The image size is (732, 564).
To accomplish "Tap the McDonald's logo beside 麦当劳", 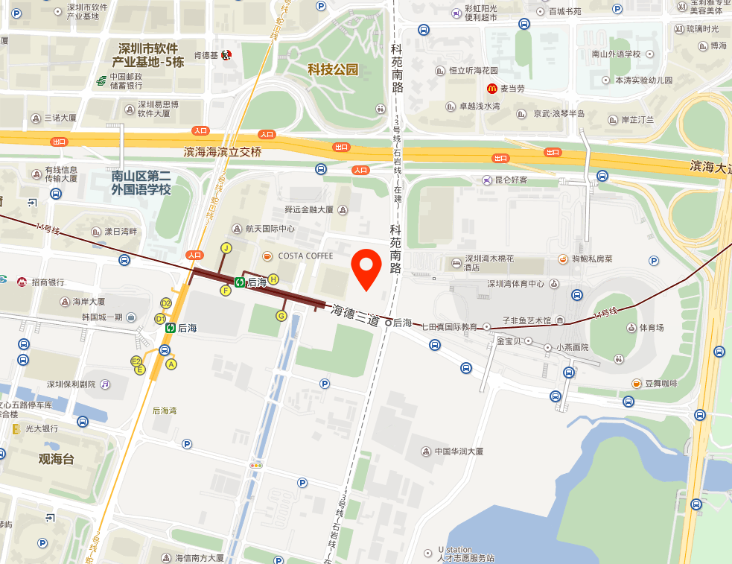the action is pos(492,89).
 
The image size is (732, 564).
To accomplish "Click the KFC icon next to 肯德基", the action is pos(227,55).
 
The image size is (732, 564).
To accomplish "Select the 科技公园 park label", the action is pos(333,70).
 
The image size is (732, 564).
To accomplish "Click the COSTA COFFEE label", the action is pos(305,256).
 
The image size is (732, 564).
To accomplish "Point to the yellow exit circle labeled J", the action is pos(226,247).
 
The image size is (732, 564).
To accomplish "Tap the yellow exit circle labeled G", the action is pos(281,316).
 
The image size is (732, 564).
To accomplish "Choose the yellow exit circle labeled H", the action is pos(273,279).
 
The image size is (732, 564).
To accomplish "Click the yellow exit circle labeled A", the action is pos(171,364).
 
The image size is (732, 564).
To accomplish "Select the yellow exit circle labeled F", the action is pos(226,291).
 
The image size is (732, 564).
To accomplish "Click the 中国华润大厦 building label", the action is pos(459,451).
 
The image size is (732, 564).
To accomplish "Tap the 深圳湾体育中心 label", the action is pos(515,284).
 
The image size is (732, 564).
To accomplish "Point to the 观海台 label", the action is pos(57,459).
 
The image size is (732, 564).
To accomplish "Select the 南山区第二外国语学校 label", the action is pos(141,183).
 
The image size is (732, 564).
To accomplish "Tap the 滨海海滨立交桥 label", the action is pos(223,152).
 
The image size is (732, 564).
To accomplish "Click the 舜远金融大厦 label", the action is pos(309,210).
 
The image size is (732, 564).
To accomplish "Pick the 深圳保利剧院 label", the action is pos(71,384).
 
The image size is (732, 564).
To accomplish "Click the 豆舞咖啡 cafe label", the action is pos(661,383).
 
